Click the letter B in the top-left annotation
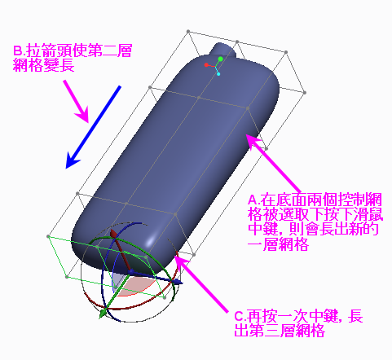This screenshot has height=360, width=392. (18, 50)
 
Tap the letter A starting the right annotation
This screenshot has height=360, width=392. (253, 200)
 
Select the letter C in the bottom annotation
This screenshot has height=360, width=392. (240, 317)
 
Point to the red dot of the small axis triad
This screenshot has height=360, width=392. (206, 65)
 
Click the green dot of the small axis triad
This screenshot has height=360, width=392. (220, 59)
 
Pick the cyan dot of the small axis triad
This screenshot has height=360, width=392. (218, 74)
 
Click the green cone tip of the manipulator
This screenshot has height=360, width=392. (103, 314)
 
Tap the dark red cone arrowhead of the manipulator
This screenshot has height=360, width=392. (113, 234)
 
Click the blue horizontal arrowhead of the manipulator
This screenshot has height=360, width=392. (178, 282)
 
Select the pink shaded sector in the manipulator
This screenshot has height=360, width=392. (136, 287)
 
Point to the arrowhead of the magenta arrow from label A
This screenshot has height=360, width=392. (253, 141)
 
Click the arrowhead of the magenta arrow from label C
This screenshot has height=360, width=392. (181, 262)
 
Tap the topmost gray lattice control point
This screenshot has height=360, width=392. (188, 32)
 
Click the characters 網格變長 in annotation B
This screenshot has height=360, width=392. (44, 65)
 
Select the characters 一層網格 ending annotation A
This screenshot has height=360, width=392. (279, 244)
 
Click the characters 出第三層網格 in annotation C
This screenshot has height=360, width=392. (280, 331)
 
